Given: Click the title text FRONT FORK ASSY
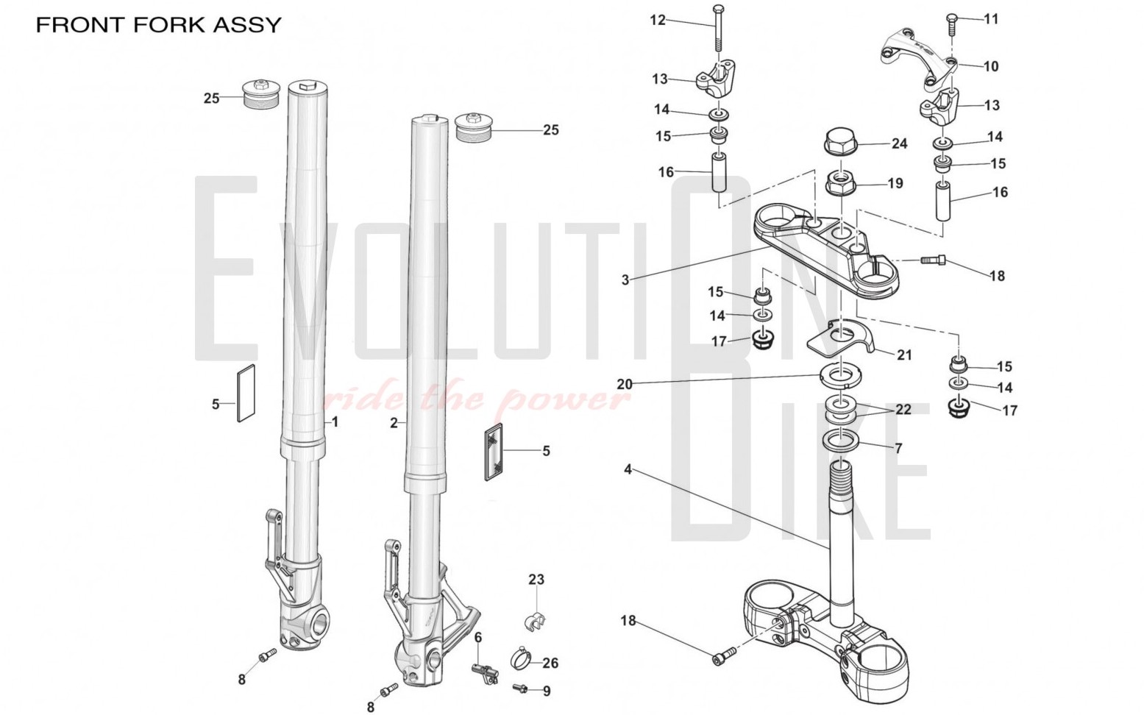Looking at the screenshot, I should tap(159, 24).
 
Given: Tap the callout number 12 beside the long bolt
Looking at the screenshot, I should tap(657, 20).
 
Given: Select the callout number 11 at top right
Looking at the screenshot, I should tap(991, 19).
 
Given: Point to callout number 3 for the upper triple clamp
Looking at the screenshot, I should tap(625, 280).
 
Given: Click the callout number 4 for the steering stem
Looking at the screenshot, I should tap(628, 469).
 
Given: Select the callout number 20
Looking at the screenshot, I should tap(625, 384).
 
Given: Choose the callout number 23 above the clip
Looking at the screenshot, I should tap(536, 580).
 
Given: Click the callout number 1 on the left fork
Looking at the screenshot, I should tap(335, 422).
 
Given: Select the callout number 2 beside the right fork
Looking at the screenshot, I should tap(394, 423).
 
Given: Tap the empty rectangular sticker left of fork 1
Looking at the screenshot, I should tap(245, 394).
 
